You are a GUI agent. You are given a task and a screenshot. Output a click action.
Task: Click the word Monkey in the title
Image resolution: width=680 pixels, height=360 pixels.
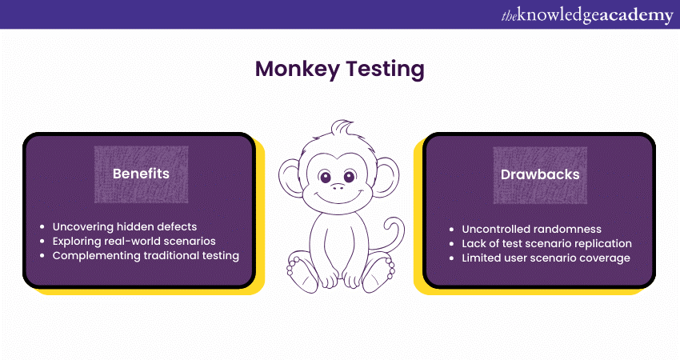point(297,70)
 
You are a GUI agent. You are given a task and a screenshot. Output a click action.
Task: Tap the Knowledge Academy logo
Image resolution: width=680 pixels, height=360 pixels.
point(587,15)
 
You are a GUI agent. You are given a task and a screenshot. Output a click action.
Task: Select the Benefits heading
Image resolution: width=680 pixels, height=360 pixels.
point(141,174)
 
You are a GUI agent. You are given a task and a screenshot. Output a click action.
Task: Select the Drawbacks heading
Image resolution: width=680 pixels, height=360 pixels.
point(540,174)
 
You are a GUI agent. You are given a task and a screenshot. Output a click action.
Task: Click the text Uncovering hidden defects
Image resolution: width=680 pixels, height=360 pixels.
point(125,227)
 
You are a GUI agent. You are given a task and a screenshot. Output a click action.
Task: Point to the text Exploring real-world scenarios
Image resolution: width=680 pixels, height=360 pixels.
point(134,241)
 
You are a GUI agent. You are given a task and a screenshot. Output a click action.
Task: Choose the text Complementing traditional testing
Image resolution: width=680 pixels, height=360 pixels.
point(146,256)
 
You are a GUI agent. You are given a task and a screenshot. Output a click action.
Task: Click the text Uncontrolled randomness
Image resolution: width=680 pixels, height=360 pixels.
point(531,229)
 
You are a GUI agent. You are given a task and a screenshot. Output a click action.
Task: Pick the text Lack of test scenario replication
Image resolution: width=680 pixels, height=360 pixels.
point(546,244)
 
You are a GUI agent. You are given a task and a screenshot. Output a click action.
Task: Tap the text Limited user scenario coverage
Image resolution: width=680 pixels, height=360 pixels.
point(546,258)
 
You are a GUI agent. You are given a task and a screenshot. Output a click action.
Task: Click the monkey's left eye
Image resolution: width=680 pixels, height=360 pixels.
point(325,177)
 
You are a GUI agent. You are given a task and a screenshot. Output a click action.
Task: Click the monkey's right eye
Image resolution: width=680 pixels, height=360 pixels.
point(350,176)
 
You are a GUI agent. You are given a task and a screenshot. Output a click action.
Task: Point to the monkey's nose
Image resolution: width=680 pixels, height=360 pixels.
point(338,187)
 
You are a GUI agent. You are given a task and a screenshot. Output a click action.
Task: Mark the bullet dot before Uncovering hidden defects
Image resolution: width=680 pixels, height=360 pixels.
point(42,227)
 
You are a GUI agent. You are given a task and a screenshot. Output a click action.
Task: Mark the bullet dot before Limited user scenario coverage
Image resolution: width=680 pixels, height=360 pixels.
point(451,258)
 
